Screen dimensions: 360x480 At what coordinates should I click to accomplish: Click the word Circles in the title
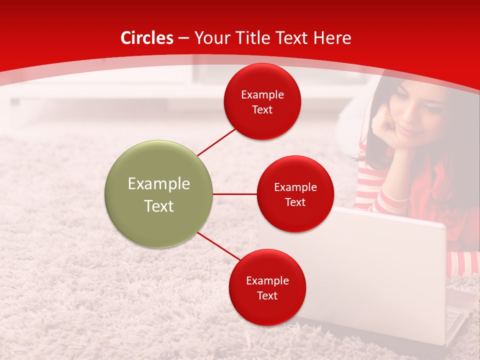tap(146, 38)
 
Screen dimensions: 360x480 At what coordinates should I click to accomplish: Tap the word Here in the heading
tap(332, 38)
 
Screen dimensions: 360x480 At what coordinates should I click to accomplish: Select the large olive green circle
tap(159, 194)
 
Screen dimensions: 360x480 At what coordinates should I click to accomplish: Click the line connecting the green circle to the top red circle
tap(216, 141)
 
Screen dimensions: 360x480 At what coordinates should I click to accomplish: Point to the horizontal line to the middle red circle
tap(235, 194)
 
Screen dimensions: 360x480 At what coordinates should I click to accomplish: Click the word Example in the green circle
tap(159, 183)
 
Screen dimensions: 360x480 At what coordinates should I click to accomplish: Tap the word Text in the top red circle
tap(262, 110)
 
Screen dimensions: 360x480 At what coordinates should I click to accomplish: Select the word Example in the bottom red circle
tap(267, 280)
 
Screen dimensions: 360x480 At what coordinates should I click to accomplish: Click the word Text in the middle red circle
tap(295, 202)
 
